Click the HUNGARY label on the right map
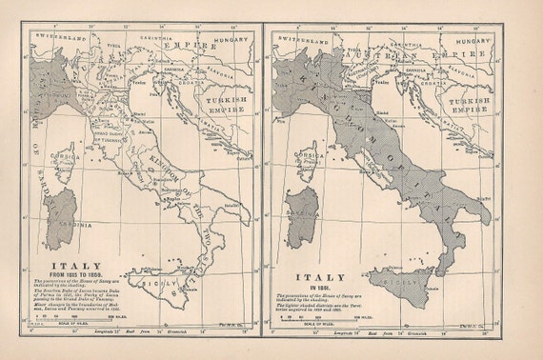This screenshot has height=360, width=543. click(471, 41)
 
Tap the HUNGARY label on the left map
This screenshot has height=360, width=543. click(231, 41)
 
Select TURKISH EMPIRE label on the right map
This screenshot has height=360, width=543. click(468, 104)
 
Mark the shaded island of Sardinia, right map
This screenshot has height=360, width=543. click(305, 210)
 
